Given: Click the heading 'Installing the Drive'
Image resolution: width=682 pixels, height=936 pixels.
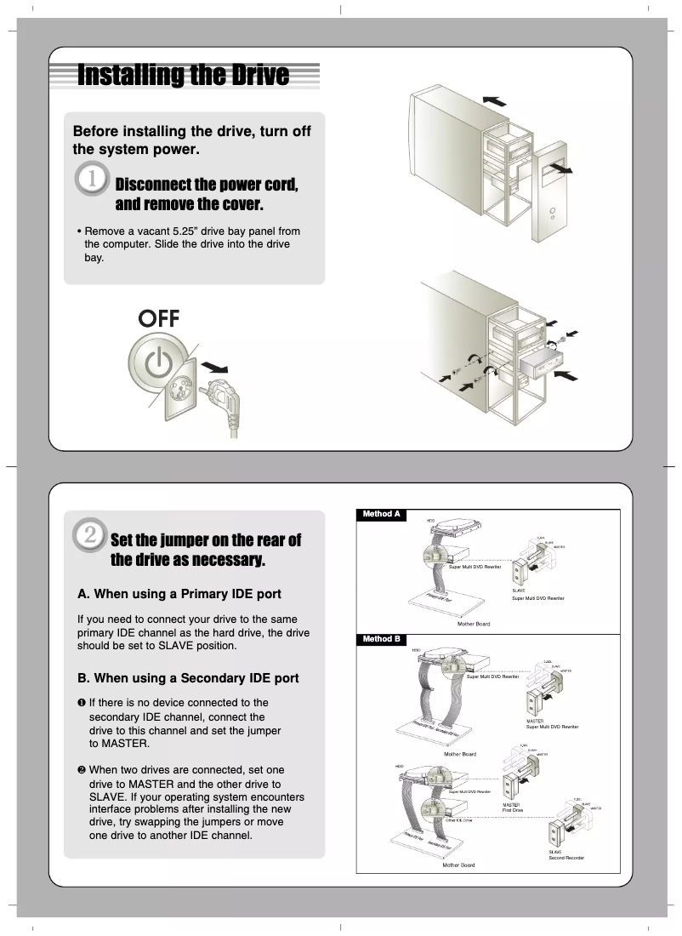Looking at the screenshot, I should pyautogui.click(x=183, y=76).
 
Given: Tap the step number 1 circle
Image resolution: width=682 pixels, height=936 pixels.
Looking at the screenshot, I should pyautogui.click(x=91, y=181).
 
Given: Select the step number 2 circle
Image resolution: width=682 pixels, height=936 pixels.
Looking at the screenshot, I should pyautogui.click(x=89, y=535).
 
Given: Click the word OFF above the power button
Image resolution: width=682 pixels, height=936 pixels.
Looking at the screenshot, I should pyautogui.click(x=159, y=318).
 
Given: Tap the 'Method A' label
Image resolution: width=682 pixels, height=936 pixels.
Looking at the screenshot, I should pyautogui.click(x=381, y=515).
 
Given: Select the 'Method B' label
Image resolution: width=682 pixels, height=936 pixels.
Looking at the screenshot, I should pyautogui.click(x=381, y=639).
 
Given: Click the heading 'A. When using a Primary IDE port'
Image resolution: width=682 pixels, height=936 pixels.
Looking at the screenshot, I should pyautogui.click(x=179, y=593).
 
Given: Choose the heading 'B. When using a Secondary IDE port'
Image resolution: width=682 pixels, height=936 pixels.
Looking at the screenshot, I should pyautogui.click(x=188, y=678).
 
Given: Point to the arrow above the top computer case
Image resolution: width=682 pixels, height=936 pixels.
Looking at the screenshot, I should pyautogui.click(x=492, y=100).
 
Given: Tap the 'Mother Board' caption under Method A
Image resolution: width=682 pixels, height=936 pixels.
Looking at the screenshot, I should pyautogui.click(x=474, y=624).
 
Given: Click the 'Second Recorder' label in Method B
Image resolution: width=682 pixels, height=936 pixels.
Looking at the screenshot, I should pyautogui.click(x=566, y=858).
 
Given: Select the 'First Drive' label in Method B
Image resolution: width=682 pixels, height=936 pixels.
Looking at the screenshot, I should pyautogui.click(x=513, y=810).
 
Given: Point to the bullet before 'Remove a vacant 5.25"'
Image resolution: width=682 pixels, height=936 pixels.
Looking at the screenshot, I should pyautogui.click(x=78, y=231).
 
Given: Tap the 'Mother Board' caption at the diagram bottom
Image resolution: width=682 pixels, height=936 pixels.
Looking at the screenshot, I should pyautogui.click(x=458, y=865).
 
